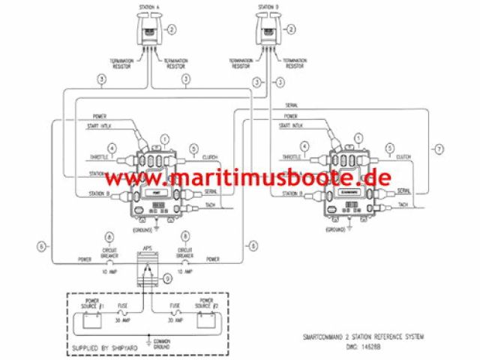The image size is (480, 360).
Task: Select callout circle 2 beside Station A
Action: tap(172, 30)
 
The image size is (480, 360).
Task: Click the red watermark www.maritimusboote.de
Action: tap(247, 179)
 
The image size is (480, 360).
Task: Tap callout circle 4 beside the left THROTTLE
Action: tap(112, 148)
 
